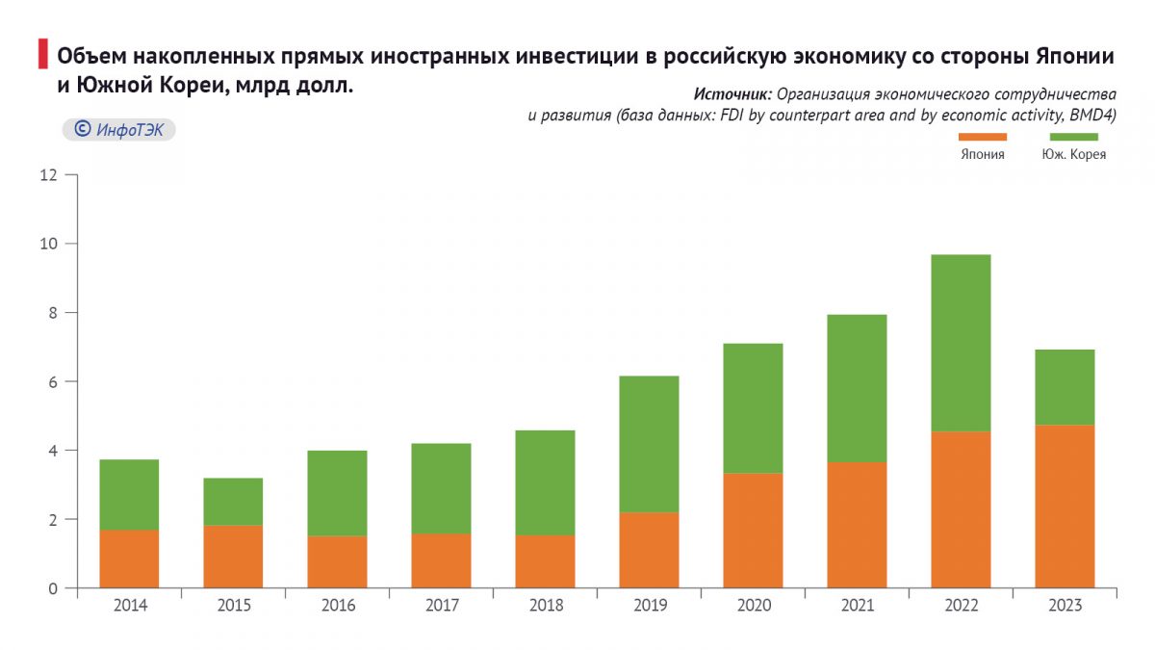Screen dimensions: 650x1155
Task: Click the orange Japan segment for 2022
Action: pos(961,509)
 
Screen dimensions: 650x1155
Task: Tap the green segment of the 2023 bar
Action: pos(1065,387)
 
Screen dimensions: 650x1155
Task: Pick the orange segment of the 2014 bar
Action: pos(129,559)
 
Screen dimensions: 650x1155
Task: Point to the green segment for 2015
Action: pos(233,502)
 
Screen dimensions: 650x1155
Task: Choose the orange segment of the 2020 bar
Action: pos(753,531)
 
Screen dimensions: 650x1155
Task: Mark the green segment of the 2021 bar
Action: pos(857,388)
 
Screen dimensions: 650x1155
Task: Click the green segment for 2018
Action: pos(545,482)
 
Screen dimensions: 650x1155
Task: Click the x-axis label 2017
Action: pos(441,606)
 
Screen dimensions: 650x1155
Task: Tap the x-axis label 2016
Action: pos(337,606)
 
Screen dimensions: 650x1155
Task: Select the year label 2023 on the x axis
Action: pos(1065,606)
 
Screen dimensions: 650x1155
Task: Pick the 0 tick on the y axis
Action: pos(53,588)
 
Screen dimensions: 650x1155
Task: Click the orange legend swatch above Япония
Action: pos(982,137)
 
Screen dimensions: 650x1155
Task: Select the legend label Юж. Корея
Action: pos(1073,154)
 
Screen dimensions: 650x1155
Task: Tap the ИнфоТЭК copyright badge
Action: pos(118,130)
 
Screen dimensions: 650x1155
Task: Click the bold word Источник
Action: pos(731,95)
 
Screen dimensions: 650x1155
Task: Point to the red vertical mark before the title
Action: pos(42,55)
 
